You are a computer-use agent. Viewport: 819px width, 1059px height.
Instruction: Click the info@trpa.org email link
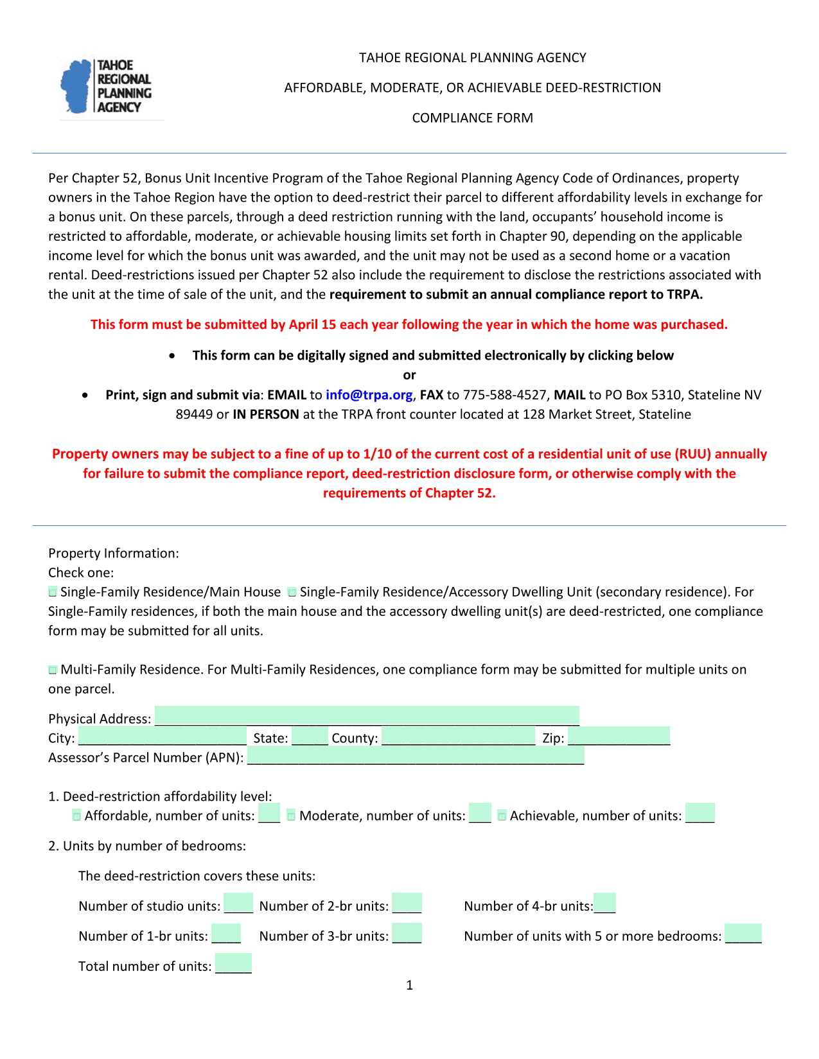tap(369, 395)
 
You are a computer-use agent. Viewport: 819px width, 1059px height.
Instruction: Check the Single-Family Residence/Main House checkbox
tap(53, 592)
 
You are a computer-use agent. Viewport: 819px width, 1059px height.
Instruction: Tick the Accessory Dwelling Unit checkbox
tap(292, 592)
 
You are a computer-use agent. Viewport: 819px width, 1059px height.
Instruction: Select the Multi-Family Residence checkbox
tap(53, 670)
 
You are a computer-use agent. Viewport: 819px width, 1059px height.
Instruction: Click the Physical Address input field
tap(367, 716)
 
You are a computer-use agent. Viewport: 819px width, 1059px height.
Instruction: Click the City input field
tap(162, 736)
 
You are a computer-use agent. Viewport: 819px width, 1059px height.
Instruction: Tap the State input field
tap(310, 736)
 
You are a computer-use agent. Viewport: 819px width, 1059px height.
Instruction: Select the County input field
tap(458, 736)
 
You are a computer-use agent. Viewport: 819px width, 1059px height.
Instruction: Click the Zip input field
tap(619, 736)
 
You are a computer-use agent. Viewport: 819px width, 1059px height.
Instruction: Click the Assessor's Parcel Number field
tap(416, 756)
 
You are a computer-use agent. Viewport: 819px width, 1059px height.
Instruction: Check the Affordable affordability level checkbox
tap(77, 816)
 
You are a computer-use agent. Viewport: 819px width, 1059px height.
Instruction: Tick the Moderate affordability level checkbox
tap(292, 816)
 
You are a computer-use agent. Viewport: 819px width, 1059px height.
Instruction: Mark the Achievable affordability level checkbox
tap(502, 816)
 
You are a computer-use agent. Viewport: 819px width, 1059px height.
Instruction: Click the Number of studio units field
tap(238, 903)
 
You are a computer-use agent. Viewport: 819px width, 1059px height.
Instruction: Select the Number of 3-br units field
tap(407, 933)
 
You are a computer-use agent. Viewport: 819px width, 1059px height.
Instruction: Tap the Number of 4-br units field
tap(604, 903)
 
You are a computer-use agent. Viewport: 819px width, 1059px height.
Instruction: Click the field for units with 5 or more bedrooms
tap(743, 933)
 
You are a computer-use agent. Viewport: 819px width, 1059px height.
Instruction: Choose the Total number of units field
tap(233, 963)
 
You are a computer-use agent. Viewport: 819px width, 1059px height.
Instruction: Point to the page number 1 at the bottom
tap(410, 985)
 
